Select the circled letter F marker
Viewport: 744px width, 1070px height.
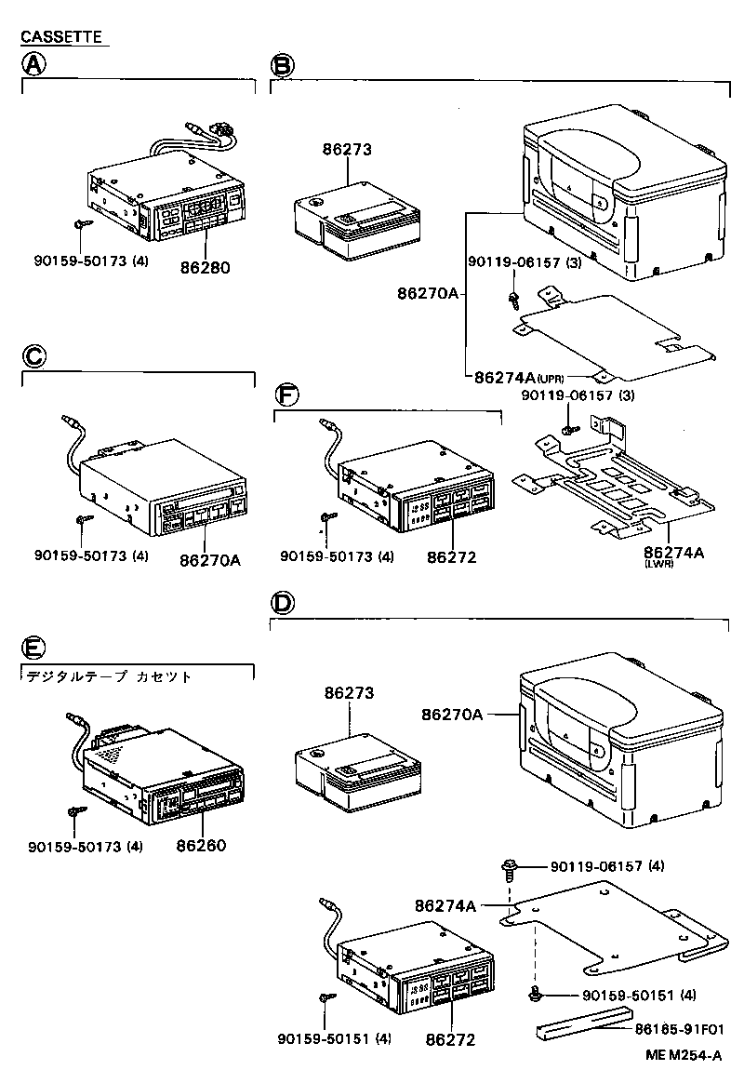287,395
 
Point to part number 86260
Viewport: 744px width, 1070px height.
201,846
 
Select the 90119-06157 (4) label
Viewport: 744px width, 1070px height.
607,866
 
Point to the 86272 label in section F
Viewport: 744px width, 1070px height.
452,557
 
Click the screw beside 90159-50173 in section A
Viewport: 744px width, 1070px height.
82,223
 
